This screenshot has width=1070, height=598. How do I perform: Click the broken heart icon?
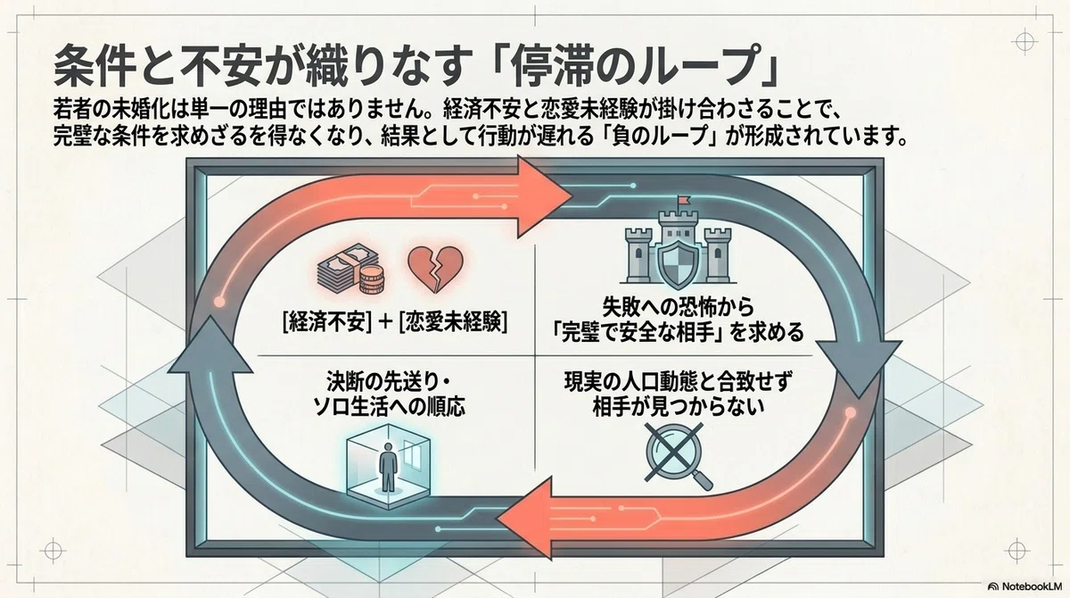tap(435, 268)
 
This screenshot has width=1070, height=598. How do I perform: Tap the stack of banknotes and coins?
tap(351, 270)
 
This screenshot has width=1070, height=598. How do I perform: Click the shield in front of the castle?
tap(678, 263)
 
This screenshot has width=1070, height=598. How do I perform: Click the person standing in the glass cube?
tap(387, 467)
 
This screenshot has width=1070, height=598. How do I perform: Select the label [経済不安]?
tap(327, 322)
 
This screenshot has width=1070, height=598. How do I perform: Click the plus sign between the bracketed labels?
tap(385, 323)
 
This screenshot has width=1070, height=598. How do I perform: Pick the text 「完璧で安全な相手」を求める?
tap(677, 333)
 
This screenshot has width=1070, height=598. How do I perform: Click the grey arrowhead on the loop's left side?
tap(210, 342)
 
